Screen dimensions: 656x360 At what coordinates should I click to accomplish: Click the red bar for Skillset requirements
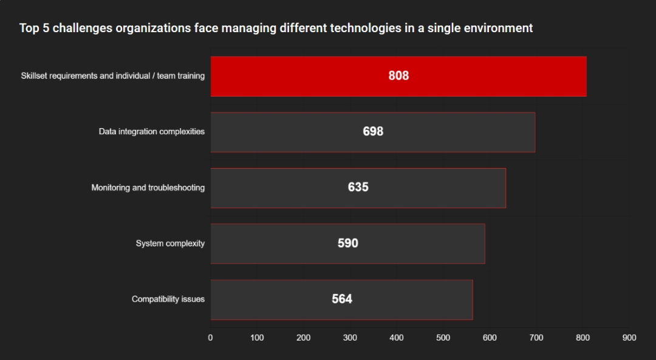(x=398, y=76)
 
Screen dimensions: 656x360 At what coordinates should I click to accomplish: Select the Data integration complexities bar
(x=373, y=132)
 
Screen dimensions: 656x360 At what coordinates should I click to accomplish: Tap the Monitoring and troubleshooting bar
(x=358, y=188)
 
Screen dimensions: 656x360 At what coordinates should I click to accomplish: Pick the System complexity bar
(x=347, y=244)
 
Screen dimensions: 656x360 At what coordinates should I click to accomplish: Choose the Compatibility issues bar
(x=341, y=300)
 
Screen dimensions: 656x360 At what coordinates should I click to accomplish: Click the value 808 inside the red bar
(x=398, y=76)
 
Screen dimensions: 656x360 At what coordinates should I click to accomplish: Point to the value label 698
(x=373, y=131)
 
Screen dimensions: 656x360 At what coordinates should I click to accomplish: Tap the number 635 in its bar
(x=358, y=187)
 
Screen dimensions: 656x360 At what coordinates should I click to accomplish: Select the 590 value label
(x=347, y=243)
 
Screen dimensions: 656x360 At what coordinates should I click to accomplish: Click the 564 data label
(x=342, y=299)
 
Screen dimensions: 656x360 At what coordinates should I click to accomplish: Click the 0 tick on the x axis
(x=210, y=338)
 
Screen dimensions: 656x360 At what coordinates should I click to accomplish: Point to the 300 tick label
(x=350, y=338)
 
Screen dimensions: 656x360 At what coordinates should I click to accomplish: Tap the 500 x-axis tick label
(x=443, y=338)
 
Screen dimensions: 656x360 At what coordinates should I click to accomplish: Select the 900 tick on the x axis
(x=629, y=338)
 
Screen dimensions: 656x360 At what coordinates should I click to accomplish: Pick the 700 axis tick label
(x=536, y=338)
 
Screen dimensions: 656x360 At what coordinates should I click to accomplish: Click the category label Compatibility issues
(x=168, y=299)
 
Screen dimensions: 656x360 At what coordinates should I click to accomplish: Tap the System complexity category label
(x=170, y=243)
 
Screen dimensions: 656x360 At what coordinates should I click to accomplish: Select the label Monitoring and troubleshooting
(x=148, y=188)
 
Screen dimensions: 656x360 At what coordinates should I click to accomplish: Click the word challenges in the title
(x=83, y=29)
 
